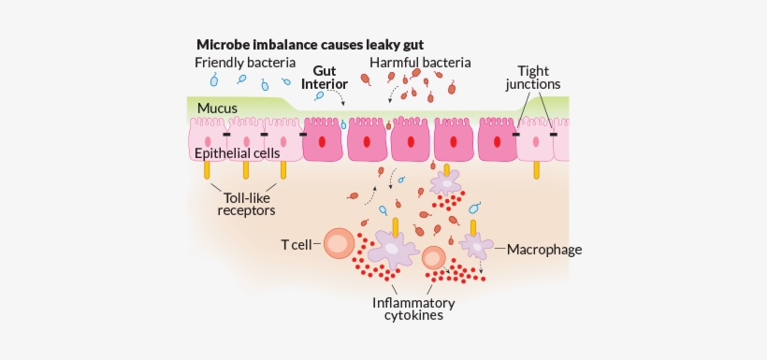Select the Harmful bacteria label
pyautogui.click(x=420, y=63)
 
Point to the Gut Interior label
pyautogui.click(x=324, y=77)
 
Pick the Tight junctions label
pyautogui.click(x=539, y=77)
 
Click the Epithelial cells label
pyautogui.click(x=239, y=152)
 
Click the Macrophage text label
pyautogui.click(x=544, y=250)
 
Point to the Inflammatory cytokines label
pyautogui.click(x=412, y=309)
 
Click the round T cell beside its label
pyautogui.click(x=338, y=245)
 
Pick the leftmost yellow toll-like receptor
pyautogui.click(x=206, y=170)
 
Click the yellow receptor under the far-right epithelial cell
pyautogui.click(x=536, y=169)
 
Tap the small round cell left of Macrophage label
pyautogui.click(x=433, y=258)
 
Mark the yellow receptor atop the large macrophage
pyautogui.click(x=397, y=225)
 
